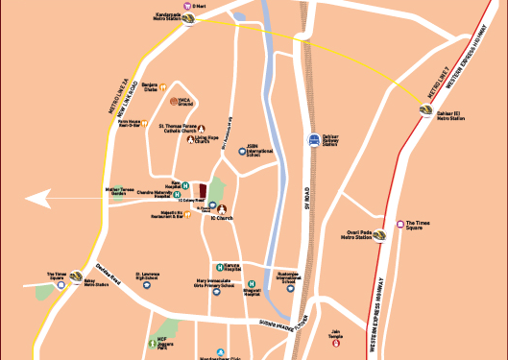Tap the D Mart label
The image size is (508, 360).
[201, 6]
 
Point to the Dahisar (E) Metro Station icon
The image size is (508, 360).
[426, 111]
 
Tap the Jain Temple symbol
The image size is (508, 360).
[335, 348]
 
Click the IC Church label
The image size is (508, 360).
[222, 219]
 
